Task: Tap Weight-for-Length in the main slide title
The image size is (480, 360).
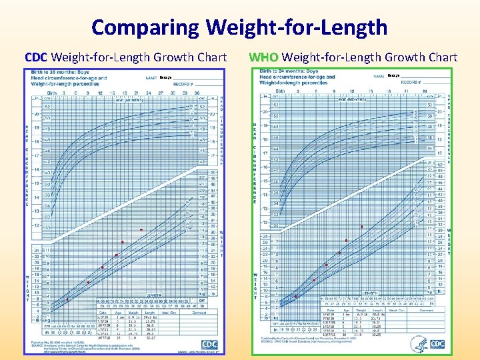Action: click(x=297, y=27)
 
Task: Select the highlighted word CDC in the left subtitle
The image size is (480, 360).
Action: click(x=36, y=57)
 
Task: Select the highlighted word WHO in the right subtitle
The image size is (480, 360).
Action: click(x=262, y=57)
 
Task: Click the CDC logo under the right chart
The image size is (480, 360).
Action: click(x=437, y=344)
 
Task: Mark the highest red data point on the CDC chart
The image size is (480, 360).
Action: click(x=141, y=230)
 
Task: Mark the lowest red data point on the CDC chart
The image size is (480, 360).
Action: click(x=67, y=299)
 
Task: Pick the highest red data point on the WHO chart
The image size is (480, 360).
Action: click(x=362, y=227)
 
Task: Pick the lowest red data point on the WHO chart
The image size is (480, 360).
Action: click(x=295, y=297)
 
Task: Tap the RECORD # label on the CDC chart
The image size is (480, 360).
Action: click(x=183, y=85)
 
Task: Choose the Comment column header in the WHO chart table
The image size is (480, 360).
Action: click(x=427, y=310)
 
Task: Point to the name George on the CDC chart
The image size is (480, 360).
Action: click(x=166, y=78)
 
